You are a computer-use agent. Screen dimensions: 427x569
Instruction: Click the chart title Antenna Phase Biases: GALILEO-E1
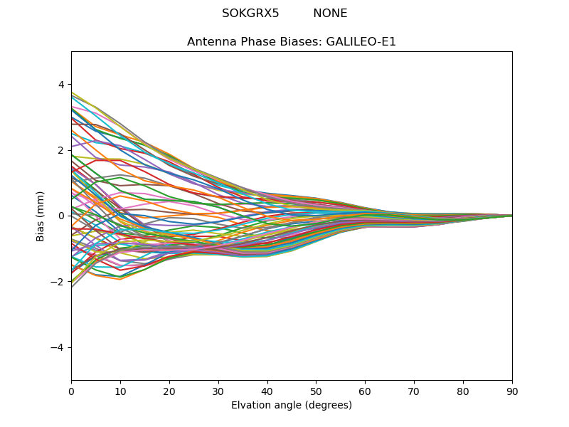tap(292, 42)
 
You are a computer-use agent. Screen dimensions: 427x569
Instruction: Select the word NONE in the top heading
tap(330, 14)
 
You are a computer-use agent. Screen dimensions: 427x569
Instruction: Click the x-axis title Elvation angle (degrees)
tap(292, 406)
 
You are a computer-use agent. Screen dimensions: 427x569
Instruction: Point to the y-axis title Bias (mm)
tap(41, 216)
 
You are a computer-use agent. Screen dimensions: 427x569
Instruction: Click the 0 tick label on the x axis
tap(71, 391)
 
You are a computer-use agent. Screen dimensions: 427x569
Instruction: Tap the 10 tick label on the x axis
tap(120, 391)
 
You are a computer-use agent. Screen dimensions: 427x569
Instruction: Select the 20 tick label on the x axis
tap(169, 391)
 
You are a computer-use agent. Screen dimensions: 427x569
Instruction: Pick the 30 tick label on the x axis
tap(218, 391)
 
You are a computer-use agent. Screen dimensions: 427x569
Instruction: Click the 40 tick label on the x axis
tap(267, 391)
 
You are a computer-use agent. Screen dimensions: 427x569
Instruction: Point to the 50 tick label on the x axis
tap(316, 391)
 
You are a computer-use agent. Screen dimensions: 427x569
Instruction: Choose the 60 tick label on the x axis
tap(365, 391)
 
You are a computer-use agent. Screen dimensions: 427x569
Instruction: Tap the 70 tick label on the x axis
tap(414, 391)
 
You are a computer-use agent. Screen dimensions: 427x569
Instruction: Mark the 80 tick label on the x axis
tap(463, 391)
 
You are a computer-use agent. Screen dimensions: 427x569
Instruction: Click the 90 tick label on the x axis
tap(512, 391)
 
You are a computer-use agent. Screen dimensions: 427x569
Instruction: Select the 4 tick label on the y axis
tap(61, 85)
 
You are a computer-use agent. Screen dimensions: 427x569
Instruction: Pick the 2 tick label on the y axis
tap(61, 150)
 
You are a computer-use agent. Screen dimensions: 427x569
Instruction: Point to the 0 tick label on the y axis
tap(61, 216)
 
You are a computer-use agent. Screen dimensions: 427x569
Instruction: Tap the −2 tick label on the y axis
tap(58, 282)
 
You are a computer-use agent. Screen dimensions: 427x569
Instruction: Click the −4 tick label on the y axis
tap(58, 347)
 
